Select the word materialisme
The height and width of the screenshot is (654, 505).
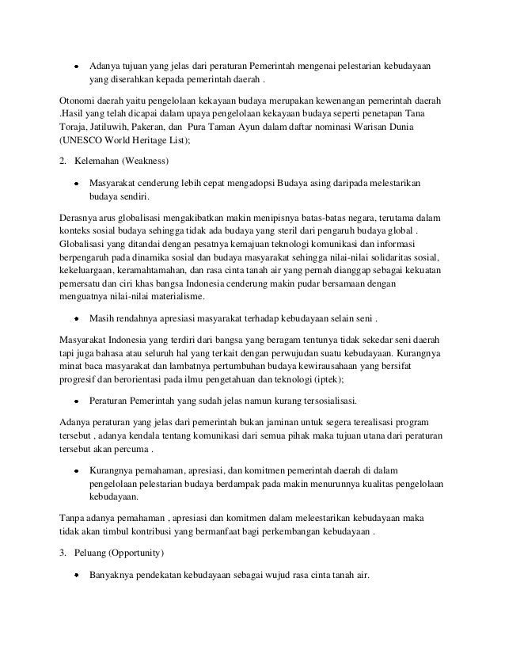[x=177, y=298]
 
